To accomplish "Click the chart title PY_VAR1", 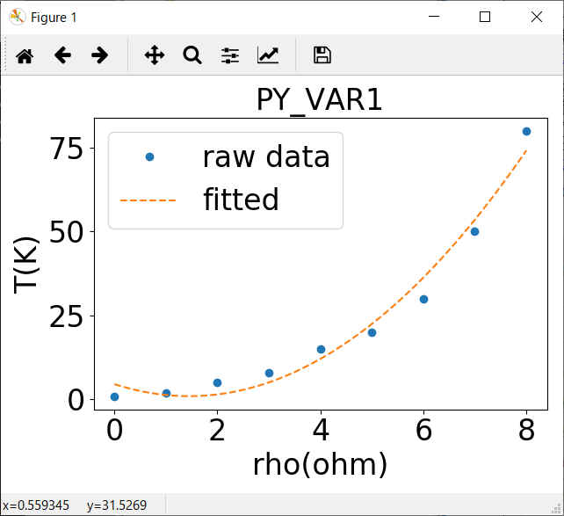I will coord(319,100).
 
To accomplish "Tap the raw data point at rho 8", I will coord(526,131).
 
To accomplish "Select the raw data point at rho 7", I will coord(474,231).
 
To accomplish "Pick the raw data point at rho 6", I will coord(423,299).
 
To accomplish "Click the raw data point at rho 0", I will coord(114,396).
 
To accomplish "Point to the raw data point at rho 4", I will coord(321,349).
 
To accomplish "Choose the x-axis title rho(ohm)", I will coord(320,463).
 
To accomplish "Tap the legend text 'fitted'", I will coord(241,200).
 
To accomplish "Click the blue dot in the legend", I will coord(149,156).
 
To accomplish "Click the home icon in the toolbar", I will coord(25,55).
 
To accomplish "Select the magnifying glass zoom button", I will coord(192,55).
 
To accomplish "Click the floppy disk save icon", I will coord(322,55).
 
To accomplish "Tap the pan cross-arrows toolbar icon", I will coord(155,55).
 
